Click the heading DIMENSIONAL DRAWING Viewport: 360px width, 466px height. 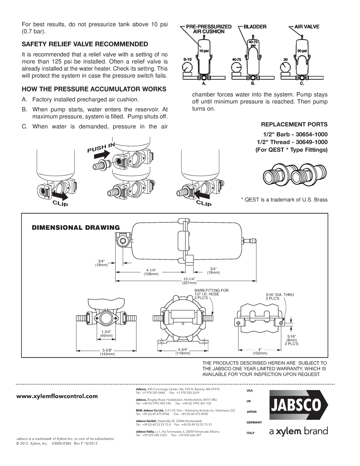[76, 228]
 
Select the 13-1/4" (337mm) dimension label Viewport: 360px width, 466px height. [189, 281]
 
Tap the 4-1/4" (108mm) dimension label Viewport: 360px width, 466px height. [151, 272]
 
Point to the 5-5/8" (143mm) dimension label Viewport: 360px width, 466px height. [107, 352]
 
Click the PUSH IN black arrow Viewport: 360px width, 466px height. [101, 155]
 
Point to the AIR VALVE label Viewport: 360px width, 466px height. [307, 27]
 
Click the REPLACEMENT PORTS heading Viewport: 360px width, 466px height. [294, 124]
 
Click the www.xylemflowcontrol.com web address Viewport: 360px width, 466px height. [57, 396]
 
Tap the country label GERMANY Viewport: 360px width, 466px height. [254, 422]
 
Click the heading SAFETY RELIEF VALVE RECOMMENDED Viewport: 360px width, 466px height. [85, 44]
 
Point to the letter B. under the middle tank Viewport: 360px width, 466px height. [253, 83]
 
